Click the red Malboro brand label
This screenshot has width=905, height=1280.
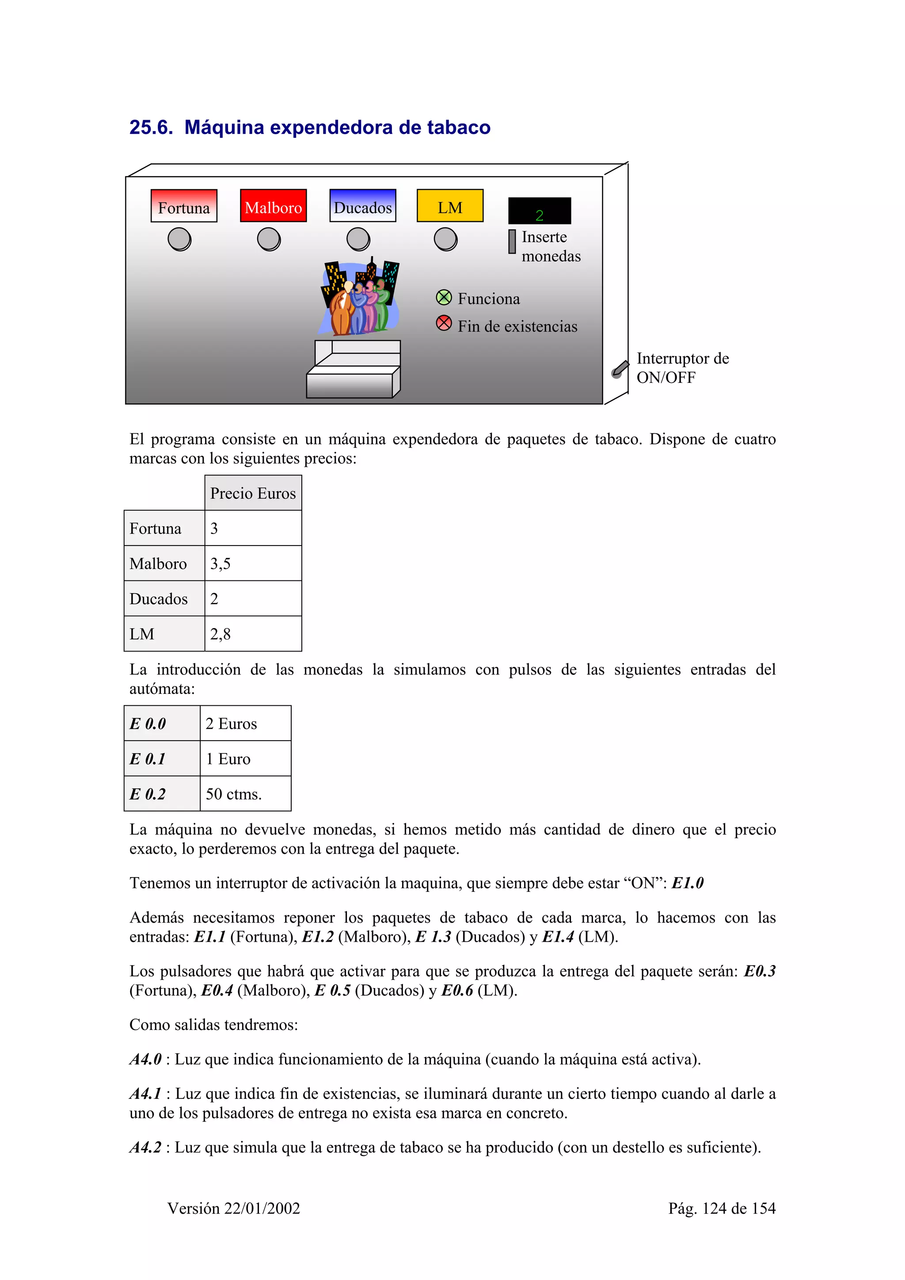[273, 206]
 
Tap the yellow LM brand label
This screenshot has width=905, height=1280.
[449, 206]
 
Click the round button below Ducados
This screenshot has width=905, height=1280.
[358, 239]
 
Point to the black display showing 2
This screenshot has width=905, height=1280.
[539, 211]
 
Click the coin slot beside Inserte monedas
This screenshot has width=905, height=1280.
[512, 242]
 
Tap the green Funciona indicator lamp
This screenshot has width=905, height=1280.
[444, 297]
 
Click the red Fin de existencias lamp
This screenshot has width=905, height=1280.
[444, 323]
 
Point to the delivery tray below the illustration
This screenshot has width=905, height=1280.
[353, 370]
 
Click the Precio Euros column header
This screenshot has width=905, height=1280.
[253, 493]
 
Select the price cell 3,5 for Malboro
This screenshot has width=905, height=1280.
[253, 563]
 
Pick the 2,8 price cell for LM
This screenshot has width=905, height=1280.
[253, 633]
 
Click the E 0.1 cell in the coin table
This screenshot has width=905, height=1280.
[162, 758]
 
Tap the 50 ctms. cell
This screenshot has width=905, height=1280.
[245, 793]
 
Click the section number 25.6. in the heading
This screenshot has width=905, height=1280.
[151, 128]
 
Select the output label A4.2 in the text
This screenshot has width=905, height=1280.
[145, 1147]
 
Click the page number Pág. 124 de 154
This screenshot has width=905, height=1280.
[722, 1208]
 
